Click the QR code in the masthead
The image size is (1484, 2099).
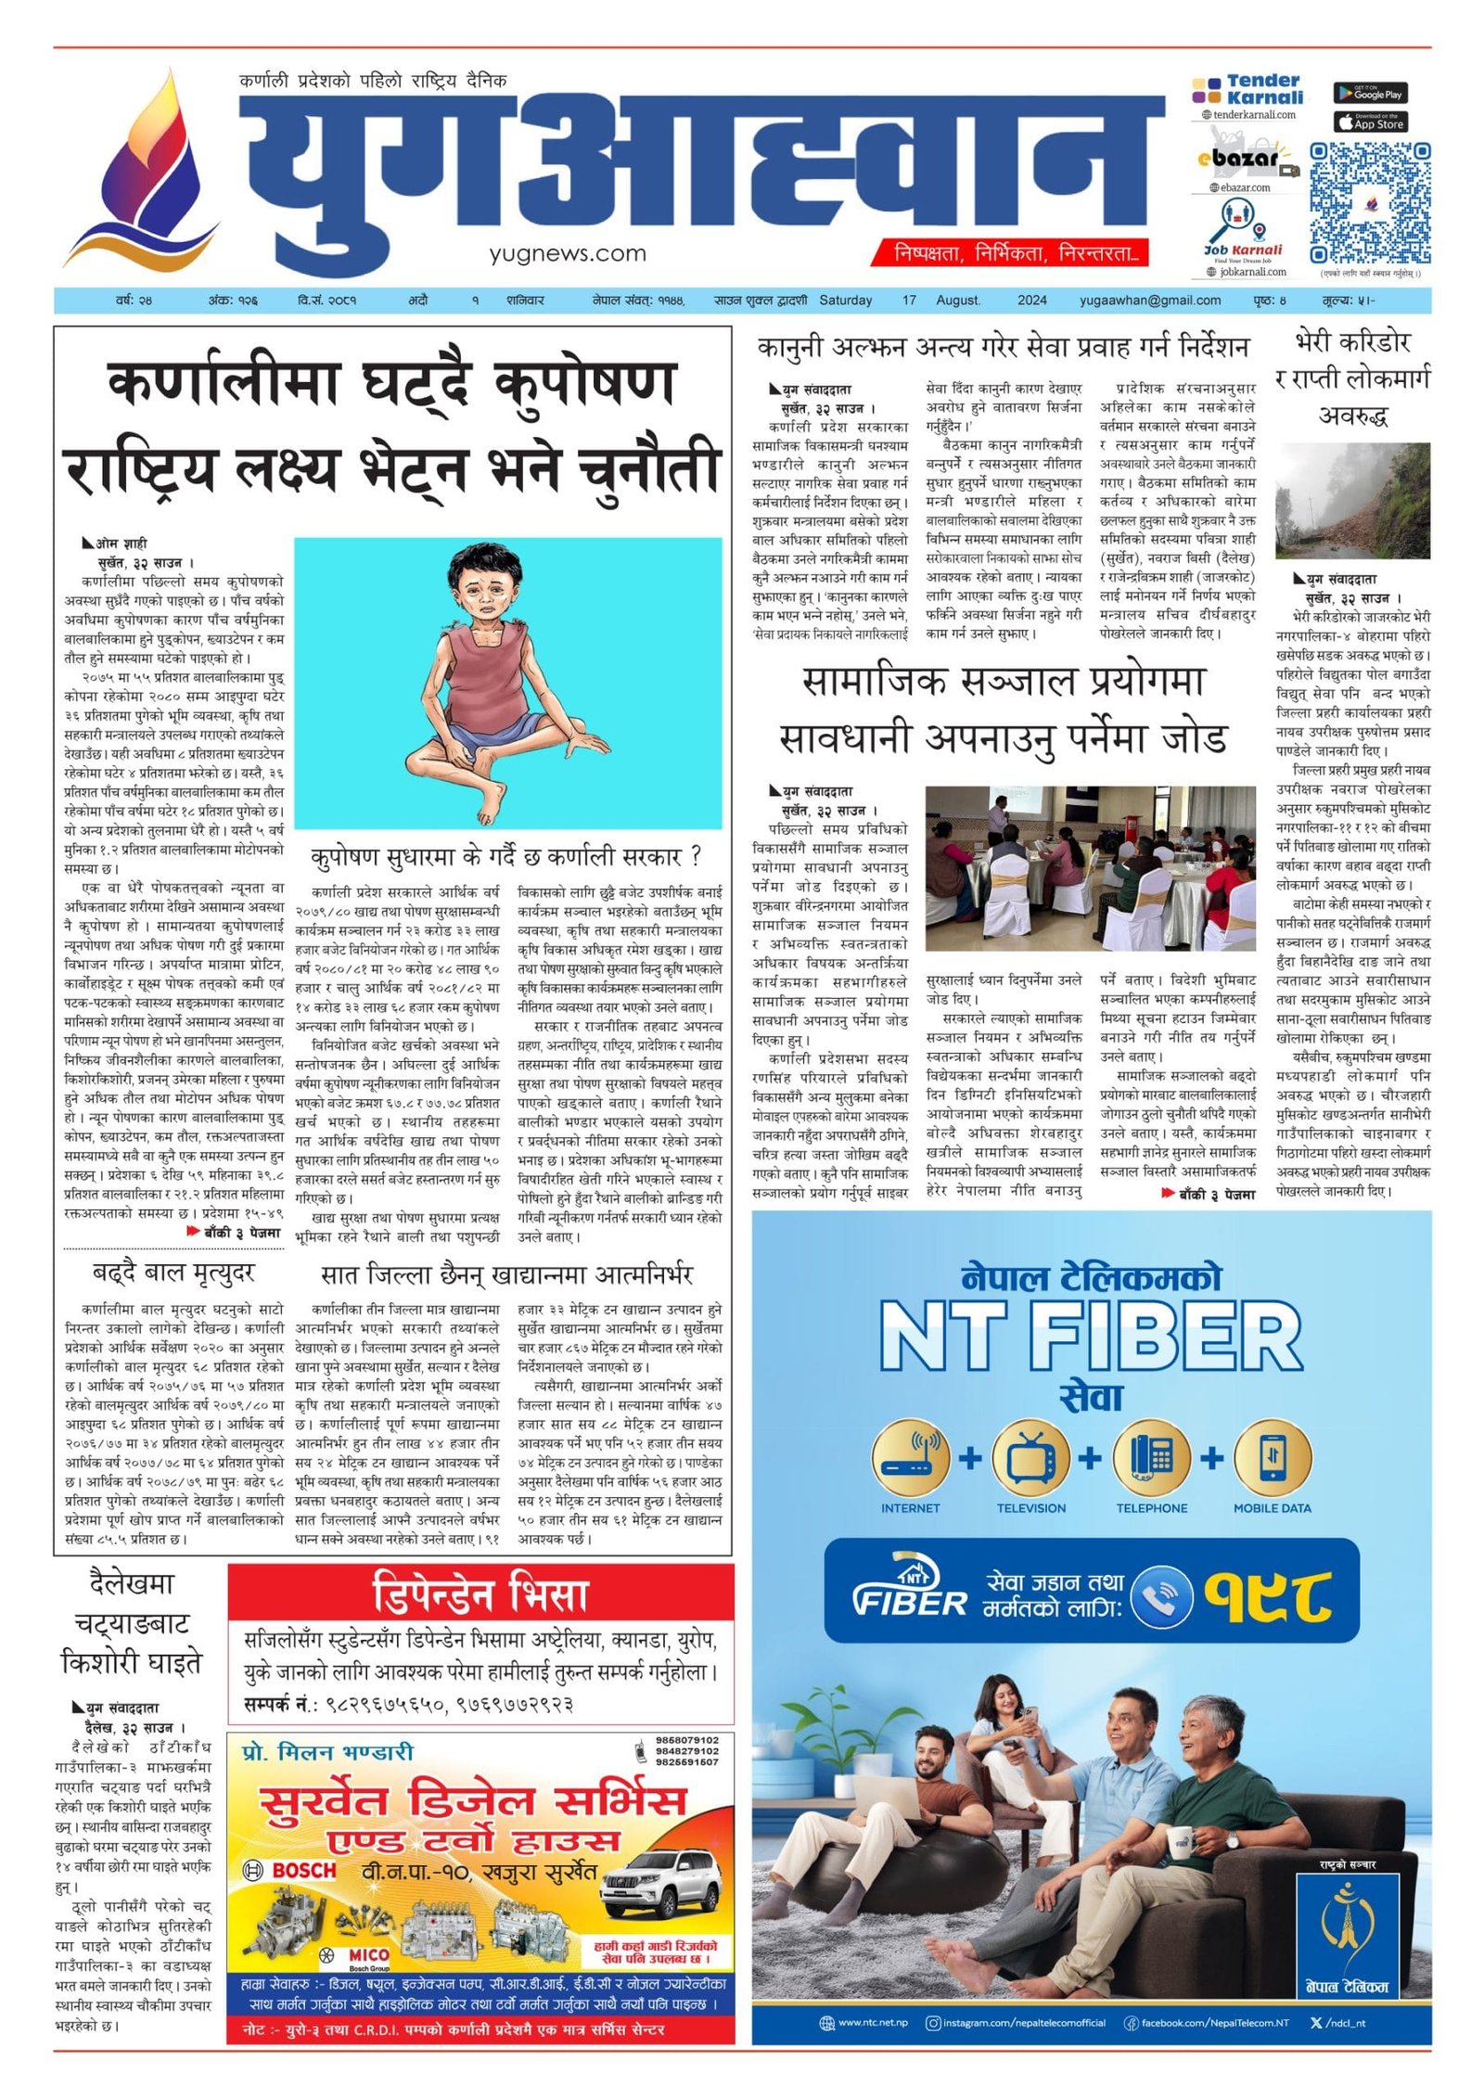(x=1369, y=203)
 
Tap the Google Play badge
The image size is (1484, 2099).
(x=1370, y=93)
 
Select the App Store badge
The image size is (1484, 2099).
(x=1370, y=122)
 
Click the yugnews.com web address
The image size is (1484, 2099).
(x=568, y=253)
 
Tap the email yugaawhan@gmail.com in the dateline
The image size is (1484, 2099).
(x=1149, y=301)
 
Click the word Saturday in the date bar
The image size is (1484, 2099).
(x=845, y=301)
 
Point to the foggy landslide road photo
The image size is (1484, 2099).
(x=1352, y=501)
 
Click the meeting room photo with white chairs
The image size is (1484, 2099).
(x=1090, y=867)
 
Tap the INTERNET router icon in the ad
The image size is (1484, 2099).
(x=910, y=1459)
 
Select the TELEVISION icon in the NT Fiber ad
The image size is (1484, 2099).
(x=1030, y=1459)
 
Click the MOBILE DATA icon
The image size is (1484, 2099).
(x=1272, y=1459)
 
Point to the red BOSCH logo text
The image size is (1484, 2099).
(x=303, y=1871)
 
